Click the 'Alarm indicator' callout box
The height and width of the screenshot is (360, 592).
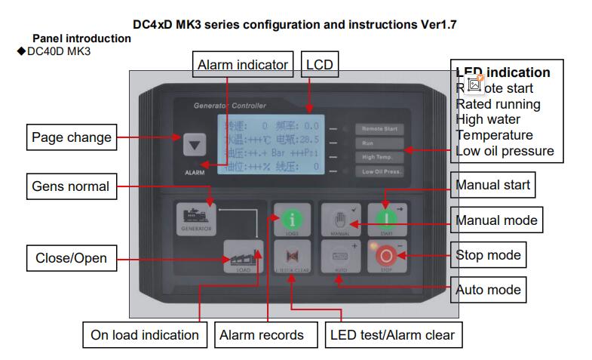pyautogui.click(x=243, y=65)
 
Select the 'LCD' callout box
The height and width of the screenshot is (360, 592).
pyautogui.click(x=319, y=65)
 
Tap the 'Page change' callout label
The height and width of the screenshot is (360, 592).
pyautogui.click(x=71, y=137)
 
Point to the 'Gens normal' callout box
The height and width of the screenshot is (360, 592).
pyautogui.click(x=71, y=186)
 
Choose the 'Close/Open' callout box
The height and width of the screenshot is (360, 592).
pyautogui.click(x=71, y=258)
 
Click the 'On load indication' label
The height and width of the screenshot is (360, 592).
pyautogui.click(x=145, y=334)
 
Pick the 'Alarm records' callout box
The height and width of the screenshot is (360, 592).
pyautogui.click(x=260, y=334)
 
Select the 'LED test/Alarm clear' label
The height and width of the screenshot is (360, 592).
pyautogui.click(x=393, y=334)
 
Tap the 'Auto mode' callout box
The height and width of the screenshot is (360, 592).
pyautogui.click(x=489, y=289)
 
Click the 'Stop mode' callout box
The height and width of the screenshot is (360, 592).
pyautogui.click(x=489, y=254)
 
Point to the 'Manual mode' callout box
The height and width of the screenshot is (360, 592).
pyautogui.click(x=497, y=220)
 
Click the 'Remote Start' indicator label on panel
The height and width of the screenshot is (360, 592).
pyautogui.click(x=379, y=129)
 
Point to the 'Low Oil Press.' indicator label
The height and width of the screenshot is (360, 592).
pyautogui.click(x=379, y=171)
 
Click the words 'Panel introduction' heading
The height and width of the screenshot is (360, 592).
pyautogui.click(x=81, y=38)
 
